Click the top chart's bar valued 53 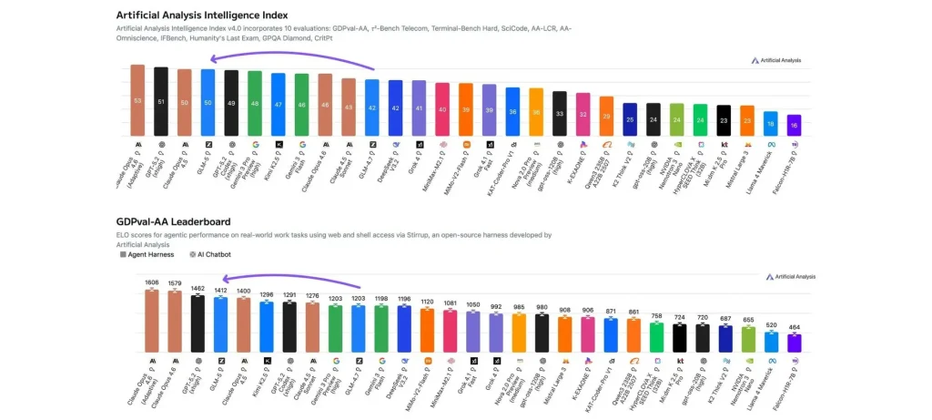[x=137, y=100]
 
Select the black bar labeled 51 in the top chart [x=161, y=101]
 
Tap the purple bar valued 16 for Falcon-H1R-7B [x=795, y=125]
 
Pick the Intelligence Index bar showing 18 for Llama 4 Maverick [x=771, y=124]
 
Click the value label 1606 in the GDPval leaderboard [x=151, y=282]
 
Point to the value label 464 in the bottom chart [x=795, y=326]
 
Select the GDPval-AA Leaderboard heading [x=173, y=221]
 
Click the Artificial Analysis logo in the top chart [x=776, y=60]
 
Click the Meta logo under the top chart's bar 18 [x=771, y=144]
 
